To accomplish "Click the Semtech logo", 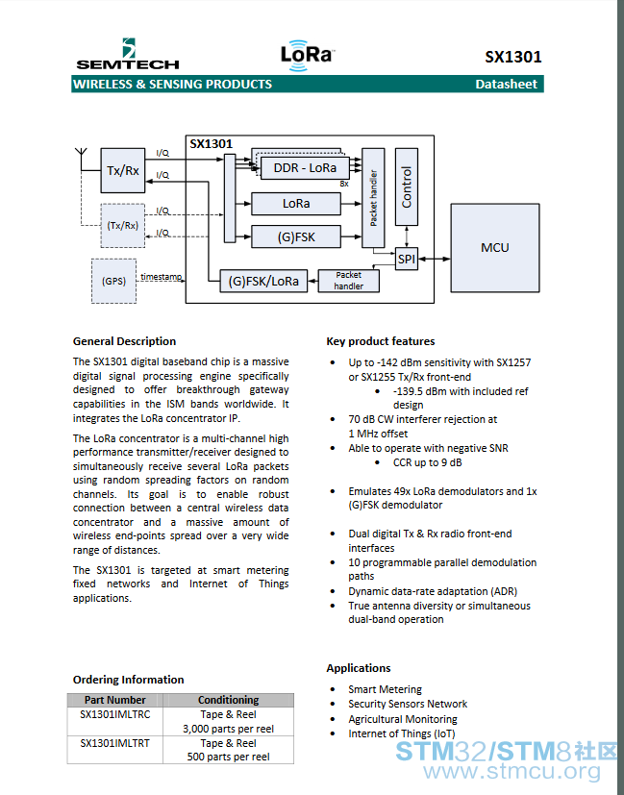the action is (x=128, y=54).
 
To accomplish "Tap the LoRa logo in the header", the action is (x=308, y=55).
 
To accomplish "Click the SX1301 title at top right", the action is (x=513, y=57).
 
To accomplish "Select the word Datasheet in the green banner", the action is (x=506, y=85).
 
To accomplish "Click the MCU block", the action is (x=495, y=248).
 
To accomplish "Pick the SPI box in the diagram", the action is (x=406, y=260).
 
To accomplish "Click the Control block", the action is (x=406, y=186).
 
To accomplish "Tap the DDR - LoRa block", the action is (x=305, y=168).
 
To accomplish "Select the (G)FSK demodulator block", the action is (x=296, y=236).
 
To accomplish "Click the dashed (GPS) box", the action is (x=113, y=282).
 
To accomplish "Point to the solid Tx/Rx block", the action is (x=123, y=170).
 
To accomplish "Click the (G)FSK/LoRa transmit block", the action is (x=263, y=281).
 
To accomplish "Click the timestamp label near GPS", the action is (x=162, y=276).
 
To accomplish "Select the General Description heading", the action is (x=124, y=341).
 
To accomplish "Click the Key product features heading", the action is (x=381, y=341).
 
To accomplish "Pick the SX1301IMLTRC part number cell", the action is (x=115, y=714).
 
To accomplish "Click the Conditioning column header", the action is (x=228, y=700).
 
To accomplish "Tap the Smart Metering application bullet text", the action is (x=385, y=689).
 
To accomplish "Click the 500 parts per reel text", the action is (x=228, y=757).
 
